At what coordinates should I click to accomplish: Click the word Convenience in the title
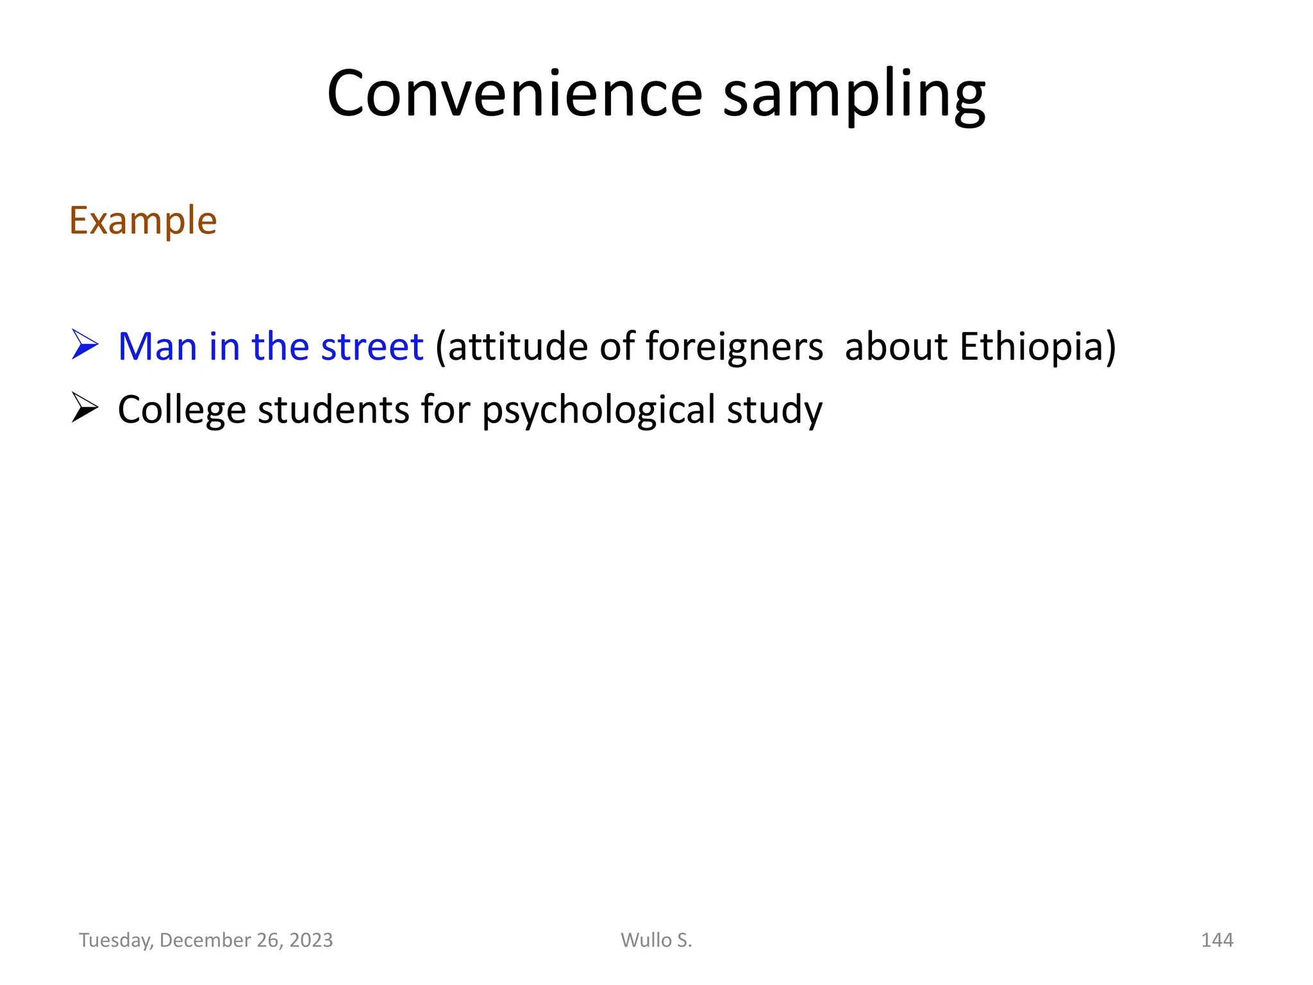[515, 94]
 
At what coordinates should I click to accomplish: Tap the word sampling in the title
[854, 96]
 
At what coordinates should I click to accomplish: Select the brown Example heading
[143, 221]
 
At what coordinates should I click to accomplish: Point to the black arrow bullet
[85, 408]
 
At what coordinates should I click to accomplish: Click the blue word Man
[157, 346]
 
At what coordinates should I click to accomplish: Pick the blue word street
[372, 346]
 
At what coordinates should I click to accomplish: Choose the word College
[181, 410]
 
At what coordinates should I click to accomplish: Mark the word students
[333, 410]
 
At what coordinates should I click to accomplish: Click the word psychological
[598, 410]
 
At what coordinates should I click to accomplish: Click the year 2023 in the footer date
[311, 940]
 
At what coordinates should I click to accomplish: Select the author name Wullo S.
[656, 940]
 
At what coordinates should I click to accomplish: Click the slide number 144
[1217, 940]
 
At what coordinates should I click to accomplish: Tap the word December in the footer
[205, 940]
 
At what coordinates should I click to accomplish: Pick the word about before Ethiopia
[896, 346]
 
